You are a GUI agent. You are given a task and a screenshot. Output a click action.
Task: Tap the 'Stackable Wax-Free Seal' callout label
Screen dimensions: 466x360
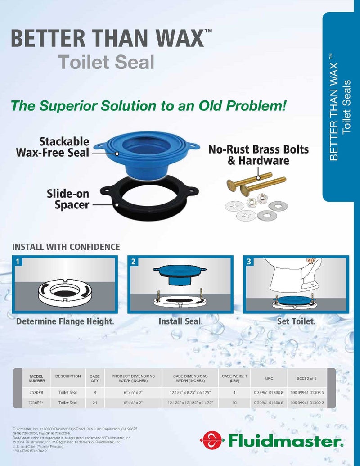53,147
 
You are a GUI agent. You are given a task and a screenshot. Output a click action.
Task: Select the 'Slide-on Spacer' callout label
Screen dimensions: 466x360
68,199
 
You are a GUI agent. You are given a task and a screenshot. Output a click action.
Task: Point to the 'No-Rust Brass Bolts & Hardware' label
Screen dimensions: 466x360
258,155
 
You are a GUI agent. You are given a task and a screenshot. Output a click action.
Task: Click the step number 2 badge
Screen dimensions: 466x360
133,261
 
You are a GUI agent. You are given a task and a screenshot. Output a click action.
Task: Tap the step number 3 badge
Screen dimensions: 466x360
249,261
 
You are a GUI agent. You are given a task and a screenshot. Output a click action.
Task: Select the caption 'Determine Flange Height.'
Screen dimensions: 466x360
65,321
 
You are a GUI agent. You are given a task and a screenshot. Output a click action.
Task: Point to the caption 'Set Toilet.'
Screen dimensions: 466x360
296,321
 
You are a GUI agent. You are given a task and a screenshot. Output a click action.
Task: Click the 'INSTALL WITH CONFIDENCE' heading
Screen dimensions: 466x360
66,247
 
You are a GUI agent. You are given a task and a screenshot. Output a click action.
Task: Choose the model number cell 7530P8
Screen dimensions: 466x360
36,392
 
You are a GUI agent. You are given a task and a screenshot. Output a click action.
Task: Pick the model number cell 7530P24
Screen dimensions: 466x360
36,403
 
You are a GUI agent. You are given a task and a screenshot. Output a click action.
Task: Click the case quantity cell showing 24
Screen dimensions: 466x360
94,403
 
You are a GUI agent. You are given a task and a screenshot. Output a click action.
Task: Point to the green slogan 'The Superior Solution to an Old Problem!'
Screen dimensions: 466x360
148,106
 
